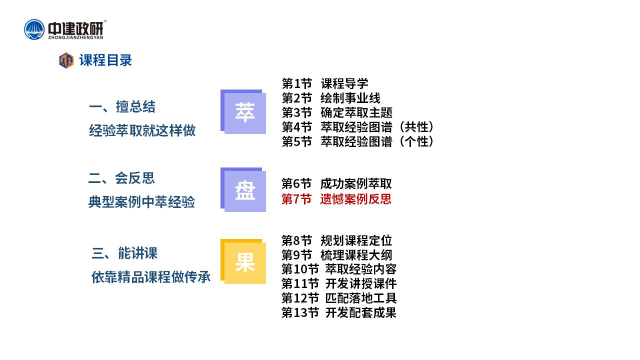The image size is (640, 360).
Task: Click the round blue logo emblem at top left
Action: coord(34,29)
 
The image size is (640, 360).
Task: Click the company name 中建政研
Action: coord(75,28)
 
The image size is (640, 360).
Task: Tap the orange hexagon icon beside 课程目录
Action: coord(66,60)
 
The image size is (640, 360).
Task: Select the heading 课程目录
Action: coord(105,60)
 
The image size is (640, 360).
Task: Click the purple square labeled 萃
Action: coord(243,111)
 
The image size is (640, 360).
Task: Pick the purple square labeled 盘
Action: coord(243,189)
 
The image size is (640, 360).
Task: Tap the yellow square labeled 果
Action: coord(243,261)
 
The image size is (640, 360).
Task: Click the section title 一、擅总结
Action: coord(122,107)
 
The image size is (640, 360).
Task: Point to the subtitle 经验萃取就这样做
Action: coord(142,130)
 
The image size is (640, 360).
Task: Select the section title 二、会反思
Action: coord(121,178)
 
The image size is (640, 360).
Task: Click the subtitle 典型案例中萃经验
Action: coord(141,202)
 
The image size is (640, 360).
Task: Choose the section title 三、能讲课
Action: coord(124,253)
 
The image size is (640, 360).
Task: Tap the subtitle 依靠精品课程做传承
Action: coord(151,277)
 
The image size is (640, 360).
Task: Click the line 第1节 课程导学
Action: coord(325,83)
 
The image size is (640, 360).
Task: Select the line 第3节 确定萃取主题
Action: coord(337,112)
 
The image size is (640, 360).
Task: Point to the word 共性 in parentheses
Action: coord(416,127)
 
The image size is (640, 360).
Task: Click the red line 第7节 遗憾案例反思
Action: coord(336,199)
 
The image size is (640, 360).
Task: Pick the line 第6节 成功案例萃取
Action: coord(336,183)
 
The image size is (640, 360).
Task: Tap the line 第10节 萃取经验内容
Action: coord(339,269)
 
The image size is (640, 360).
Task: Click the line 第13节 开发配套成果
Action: coord(339,312)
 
